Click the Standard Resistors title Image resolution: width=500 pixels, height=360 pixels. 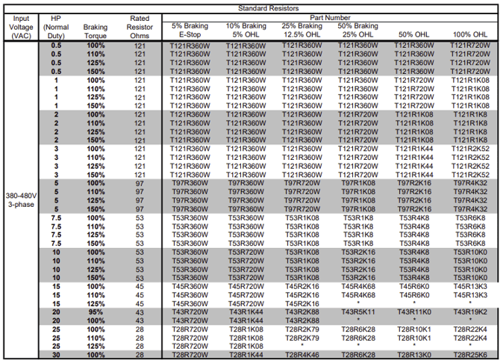(268, 8)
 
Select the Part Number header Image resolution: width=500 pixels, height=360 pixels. (330, 18)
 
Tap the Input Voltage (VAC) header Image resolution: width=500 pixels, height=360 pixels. (21, 27)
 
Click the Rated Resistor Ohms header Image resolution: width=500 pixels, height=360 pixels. (140, 27)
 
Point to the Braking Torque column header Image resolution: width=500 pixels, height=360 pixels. (96, 31)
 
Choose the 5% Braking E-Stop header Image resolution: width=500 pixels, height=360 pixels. (190, 30)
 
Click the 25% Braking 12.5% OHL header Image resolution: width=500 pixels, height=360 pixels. (301, 30)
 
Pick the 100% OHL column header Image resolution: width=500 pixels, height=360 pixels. (470, 34)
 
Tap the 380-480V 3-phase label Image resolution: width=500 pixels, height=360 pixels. (21, 200)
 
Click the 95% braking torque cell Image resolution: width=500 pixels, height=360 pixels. (96, 312)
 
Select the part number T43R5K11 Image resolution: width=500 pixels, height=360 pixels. (358, 312)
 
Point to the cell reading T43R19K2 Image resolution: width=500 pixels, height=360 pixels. (470, 312)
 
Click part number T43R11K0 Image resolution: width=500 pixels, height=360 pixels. (414, 312)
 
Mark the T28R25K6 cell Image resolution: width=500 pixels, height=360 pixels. (470, 355)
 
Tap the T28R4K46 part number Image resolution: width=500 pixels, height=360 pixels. (301, 355)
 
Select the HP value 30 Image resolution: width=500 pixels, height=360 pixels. (56, 355)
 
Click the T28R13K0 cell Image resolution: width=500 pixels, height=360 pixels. (414, 355)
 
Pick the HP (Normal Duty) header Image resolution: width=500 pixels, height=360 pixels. (56, 27)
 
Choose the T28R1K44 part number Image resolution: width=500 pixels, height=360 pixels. (246, 355)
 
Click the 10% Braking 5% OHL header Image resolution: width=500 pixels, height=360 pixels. (246, 30)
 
